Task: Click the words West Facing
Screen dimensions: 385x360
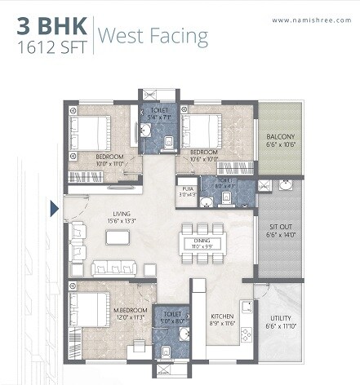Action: coord(153,37)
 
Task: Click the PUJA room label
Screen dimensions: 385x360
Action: coord(189,188)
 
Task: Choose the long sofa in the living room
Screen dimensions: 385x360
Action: coord(113,268)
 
